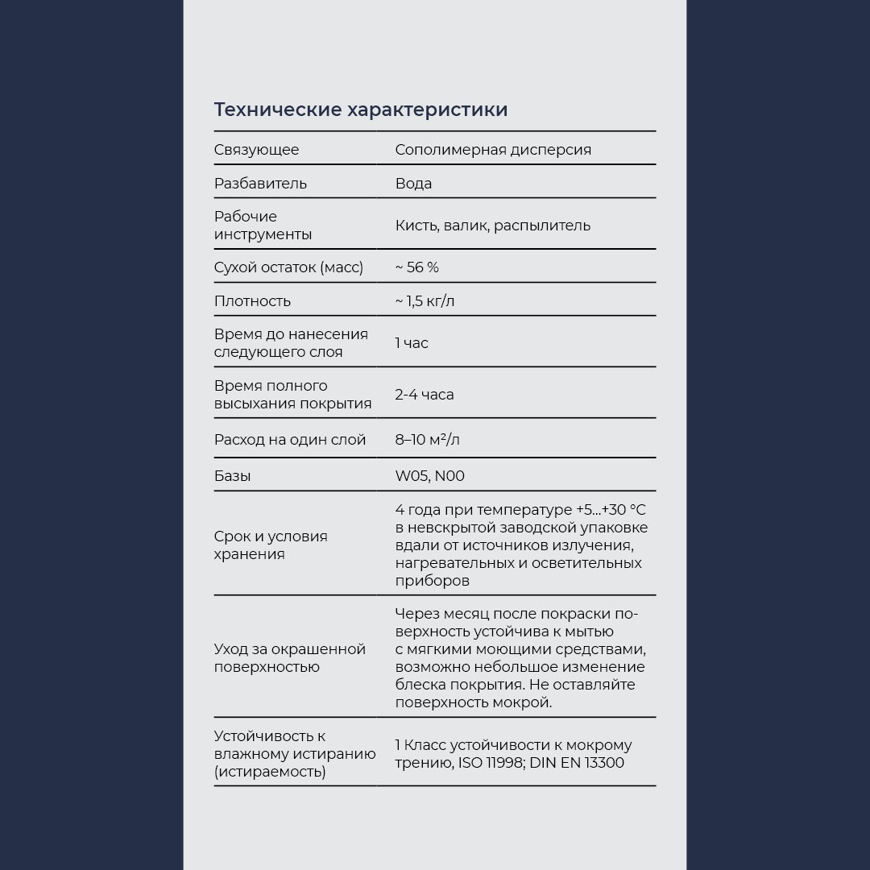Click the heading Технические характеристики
pyautogui.click(x=361, y=110)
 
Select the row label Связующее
pyautogui.click(x=256, y=150)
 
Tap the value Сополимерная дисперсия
pyautogui.click(x=493, y=150)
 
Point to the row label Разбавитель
pyautogui.click(x=260, y=184)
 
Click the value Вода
pyautogui.click(x=413, y=184)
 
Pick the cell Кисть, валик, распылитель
pyautogui.click(x=493, y=226)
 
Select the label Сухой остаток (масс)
pyautogui.click(x=288, y=267)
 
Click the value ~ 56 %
pyautogui.click(x=416, y=267)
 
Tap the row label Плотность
pyautogui.click(x=252, y=301)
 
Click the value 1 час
pyautogui.click(x=412, y=343)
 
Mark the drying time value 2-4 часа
pyautogui.click(x=425, y=395)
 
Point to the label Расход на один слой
pyautogui.click(x=290, y=440)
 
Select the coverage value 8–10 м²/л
pyautogui.click(x=428, y=440)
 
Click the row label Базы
pyautogui.click(x=232, y=476)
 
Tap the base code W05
pyautogui.click(x=411, y=476)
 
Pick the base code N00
pyautogui.click(x=449, y=476)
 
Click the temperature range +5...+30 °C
pyautogui.click(x=611, y=511)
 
